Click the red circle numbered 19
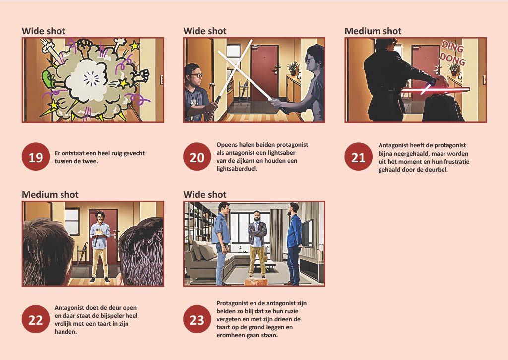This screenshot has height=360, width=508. pos(36,157)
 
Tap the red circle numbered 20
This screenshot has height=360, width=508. pos(197,157)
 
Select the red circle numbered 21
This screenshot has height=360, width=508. pos(358,157)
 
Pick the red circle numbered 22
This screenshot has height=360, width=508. pos(36,319)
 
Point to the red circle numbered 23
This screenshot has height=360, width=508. pos(197,319)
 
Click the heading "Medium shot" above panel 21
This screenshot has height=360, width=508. pos(373,31)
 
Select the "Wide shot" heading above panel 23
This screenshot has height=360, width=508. pos(205,194)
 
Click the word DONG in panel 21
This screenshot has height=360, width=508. pos(452,59)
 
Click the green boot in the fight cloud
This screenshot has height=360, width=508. pos(49,80)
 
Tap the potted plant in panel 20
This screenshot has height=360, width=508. pos(292,68)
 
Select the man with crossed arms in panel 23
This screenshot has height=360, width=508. pos(257,244)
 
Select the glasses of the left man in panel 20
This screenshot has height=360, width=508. pos(196,75)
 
